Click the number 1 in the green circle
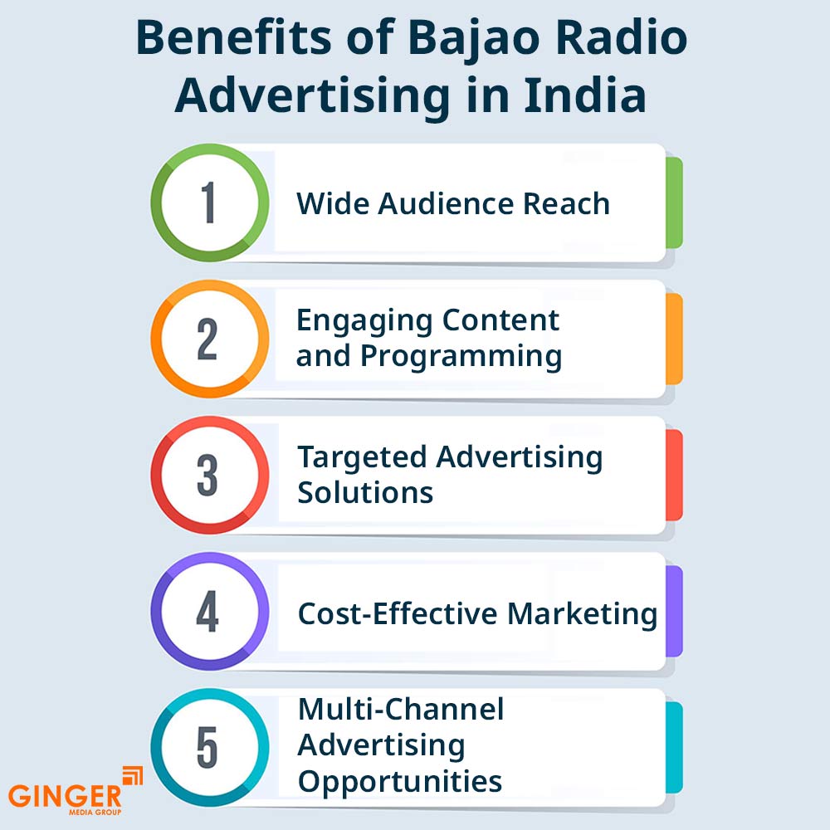[x=209, y=203]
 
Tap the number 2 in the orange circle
[x=207, y=339]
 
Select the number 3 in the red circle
[x=207, y=475]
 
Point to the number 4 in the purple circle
[x=207, y=611]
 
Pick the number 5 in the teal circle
[x=207, y=747]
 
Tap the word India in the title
[x=584, y=95]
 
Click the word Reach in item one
[x=566, y=203]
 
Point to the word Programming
[x=461, y=356]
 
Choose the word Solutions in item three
[x=365, y=492]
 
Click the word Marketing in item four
[x=583, y=614]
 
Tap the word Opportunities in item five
[x=400, y=783]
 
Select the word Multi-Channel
[x=401, y=709]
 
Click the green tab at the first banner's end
[x=674, y=203]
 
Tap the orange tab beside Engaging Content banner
[x=674, y=339]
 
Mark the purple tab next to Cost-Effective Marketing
[x=674, y=612]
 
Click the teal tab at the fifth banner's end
[x=674, y=748]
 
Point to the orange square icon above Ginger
[x=132, y=775]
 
